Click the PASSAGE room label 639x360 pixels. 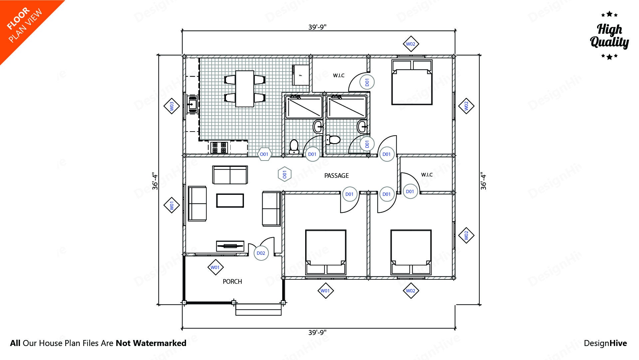tap(336, 176)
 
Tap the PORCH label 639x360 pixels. tap(232, 281)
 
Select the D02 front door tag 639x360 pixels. tap(261, 253)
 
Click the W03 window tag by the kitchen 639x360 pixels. tap(172, 106)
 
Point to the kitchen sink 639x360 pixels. tap(192, 104)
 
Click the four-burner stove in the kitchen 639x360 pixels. tap(219, 147)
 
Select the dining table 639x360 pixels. tap(245, 89)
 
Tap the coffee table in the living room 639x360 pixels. tap(230, 200)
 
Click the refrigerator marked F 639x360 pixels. tap(301, 75)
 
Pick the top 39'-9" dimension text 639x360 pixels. tap(317, 27)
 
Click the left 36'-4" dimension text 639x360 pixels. tap(155, 181)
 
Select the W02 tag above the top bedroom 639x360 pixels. tap(410, 44)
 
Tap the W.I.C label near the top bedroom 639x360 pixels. tap(339, 76)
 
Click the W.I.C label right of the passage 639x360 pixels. tap(427, 175)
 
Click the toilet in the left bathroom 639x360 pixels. tap(294, 147)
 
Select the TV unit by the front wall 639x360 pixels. tap(230, 246)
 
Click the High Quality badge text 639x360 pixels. tap(609, 36)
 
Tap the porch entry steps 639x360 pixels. tap(258, 309)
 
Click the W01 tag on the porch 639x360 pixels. tap(215, 267)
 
